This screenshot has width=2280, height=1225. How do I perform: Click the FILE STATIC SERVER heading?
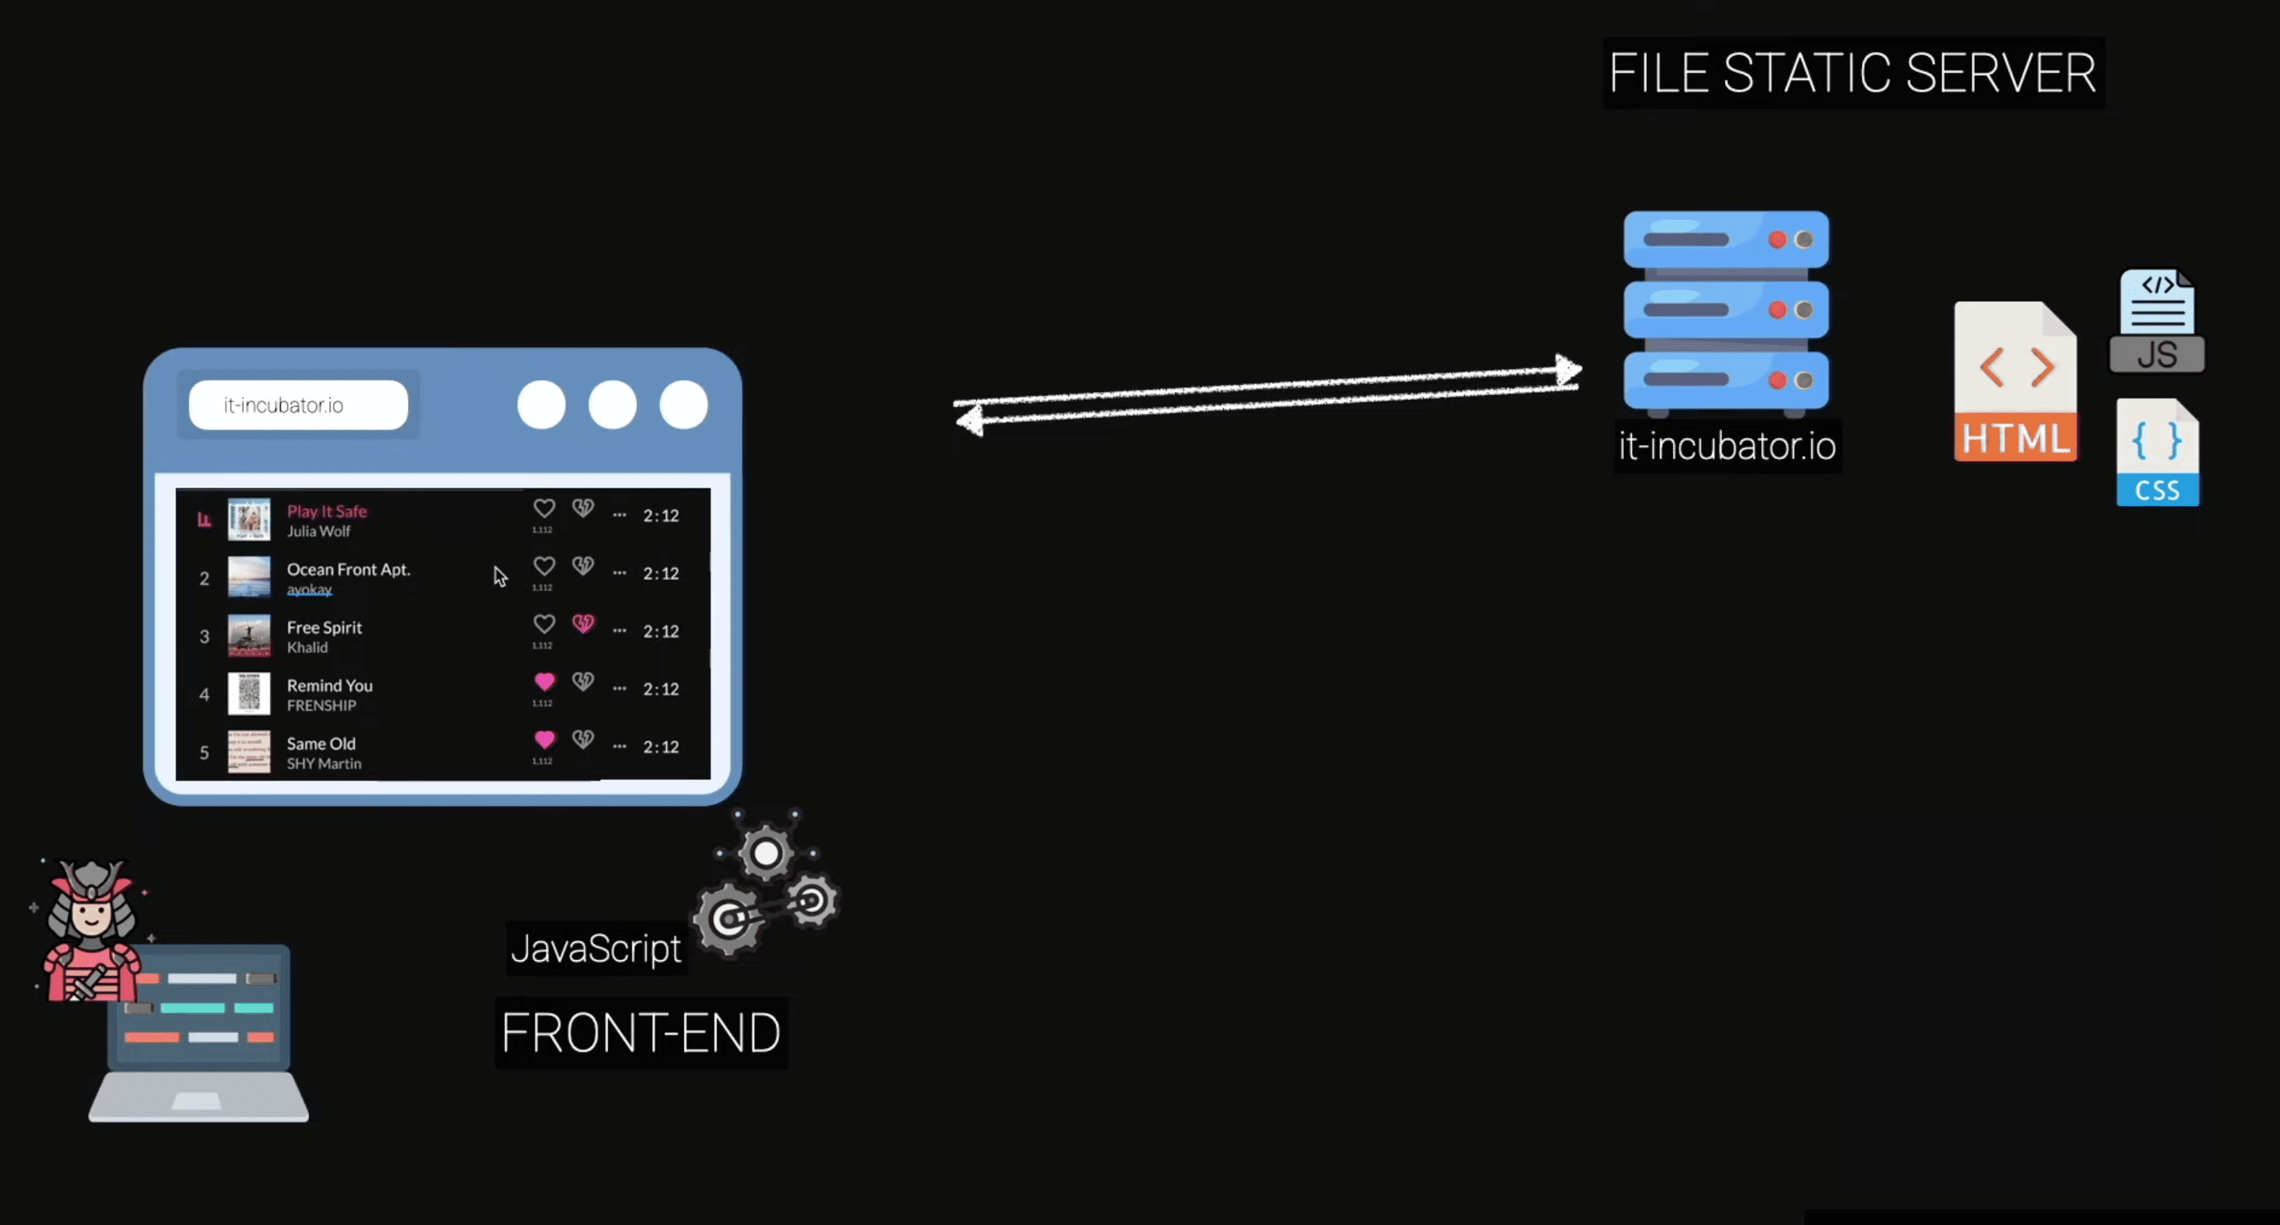click(x=1852, y=73)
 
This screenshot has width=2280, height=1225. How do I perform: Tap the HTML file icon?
click(x=2015, y=382)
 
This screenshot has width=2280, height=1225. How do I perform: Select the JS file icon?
click(x=2157, y=320)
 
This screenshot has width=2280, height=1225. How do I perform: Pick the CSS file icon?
click(x=2157, y=452)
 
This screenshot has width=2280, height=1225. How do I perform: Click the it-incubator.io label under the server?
click(x=1727, y=446)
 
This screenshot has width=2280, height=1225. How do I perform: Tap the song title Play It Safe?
click(x=327, y=511)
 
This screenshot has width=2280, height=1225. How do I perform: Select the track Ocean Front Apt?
click(x=348, y=569)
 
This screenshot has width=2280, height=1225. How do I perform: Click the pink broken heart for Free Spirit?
click(x=583, y=624)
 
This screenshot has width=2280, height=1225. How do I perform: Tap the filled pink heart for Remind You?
click(x=545, y=681)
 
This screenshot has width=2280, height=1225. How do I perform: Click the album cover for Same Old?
click(x=249, y=752)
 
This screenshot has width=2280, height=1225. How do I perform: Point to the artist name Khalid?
click(x=307, y=647)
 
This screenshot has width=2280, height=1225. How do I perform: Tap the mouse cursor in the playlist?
click(x=500, y=576)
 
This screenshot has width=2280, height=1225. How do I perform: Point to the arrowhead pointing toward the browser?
click(x=969, y=420)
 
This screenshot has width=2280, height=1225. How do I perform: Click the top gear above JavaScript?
click(x=765, y=854)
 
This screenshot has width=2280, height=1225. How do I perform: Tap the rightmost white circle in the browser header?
click(x=683, y=405)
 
